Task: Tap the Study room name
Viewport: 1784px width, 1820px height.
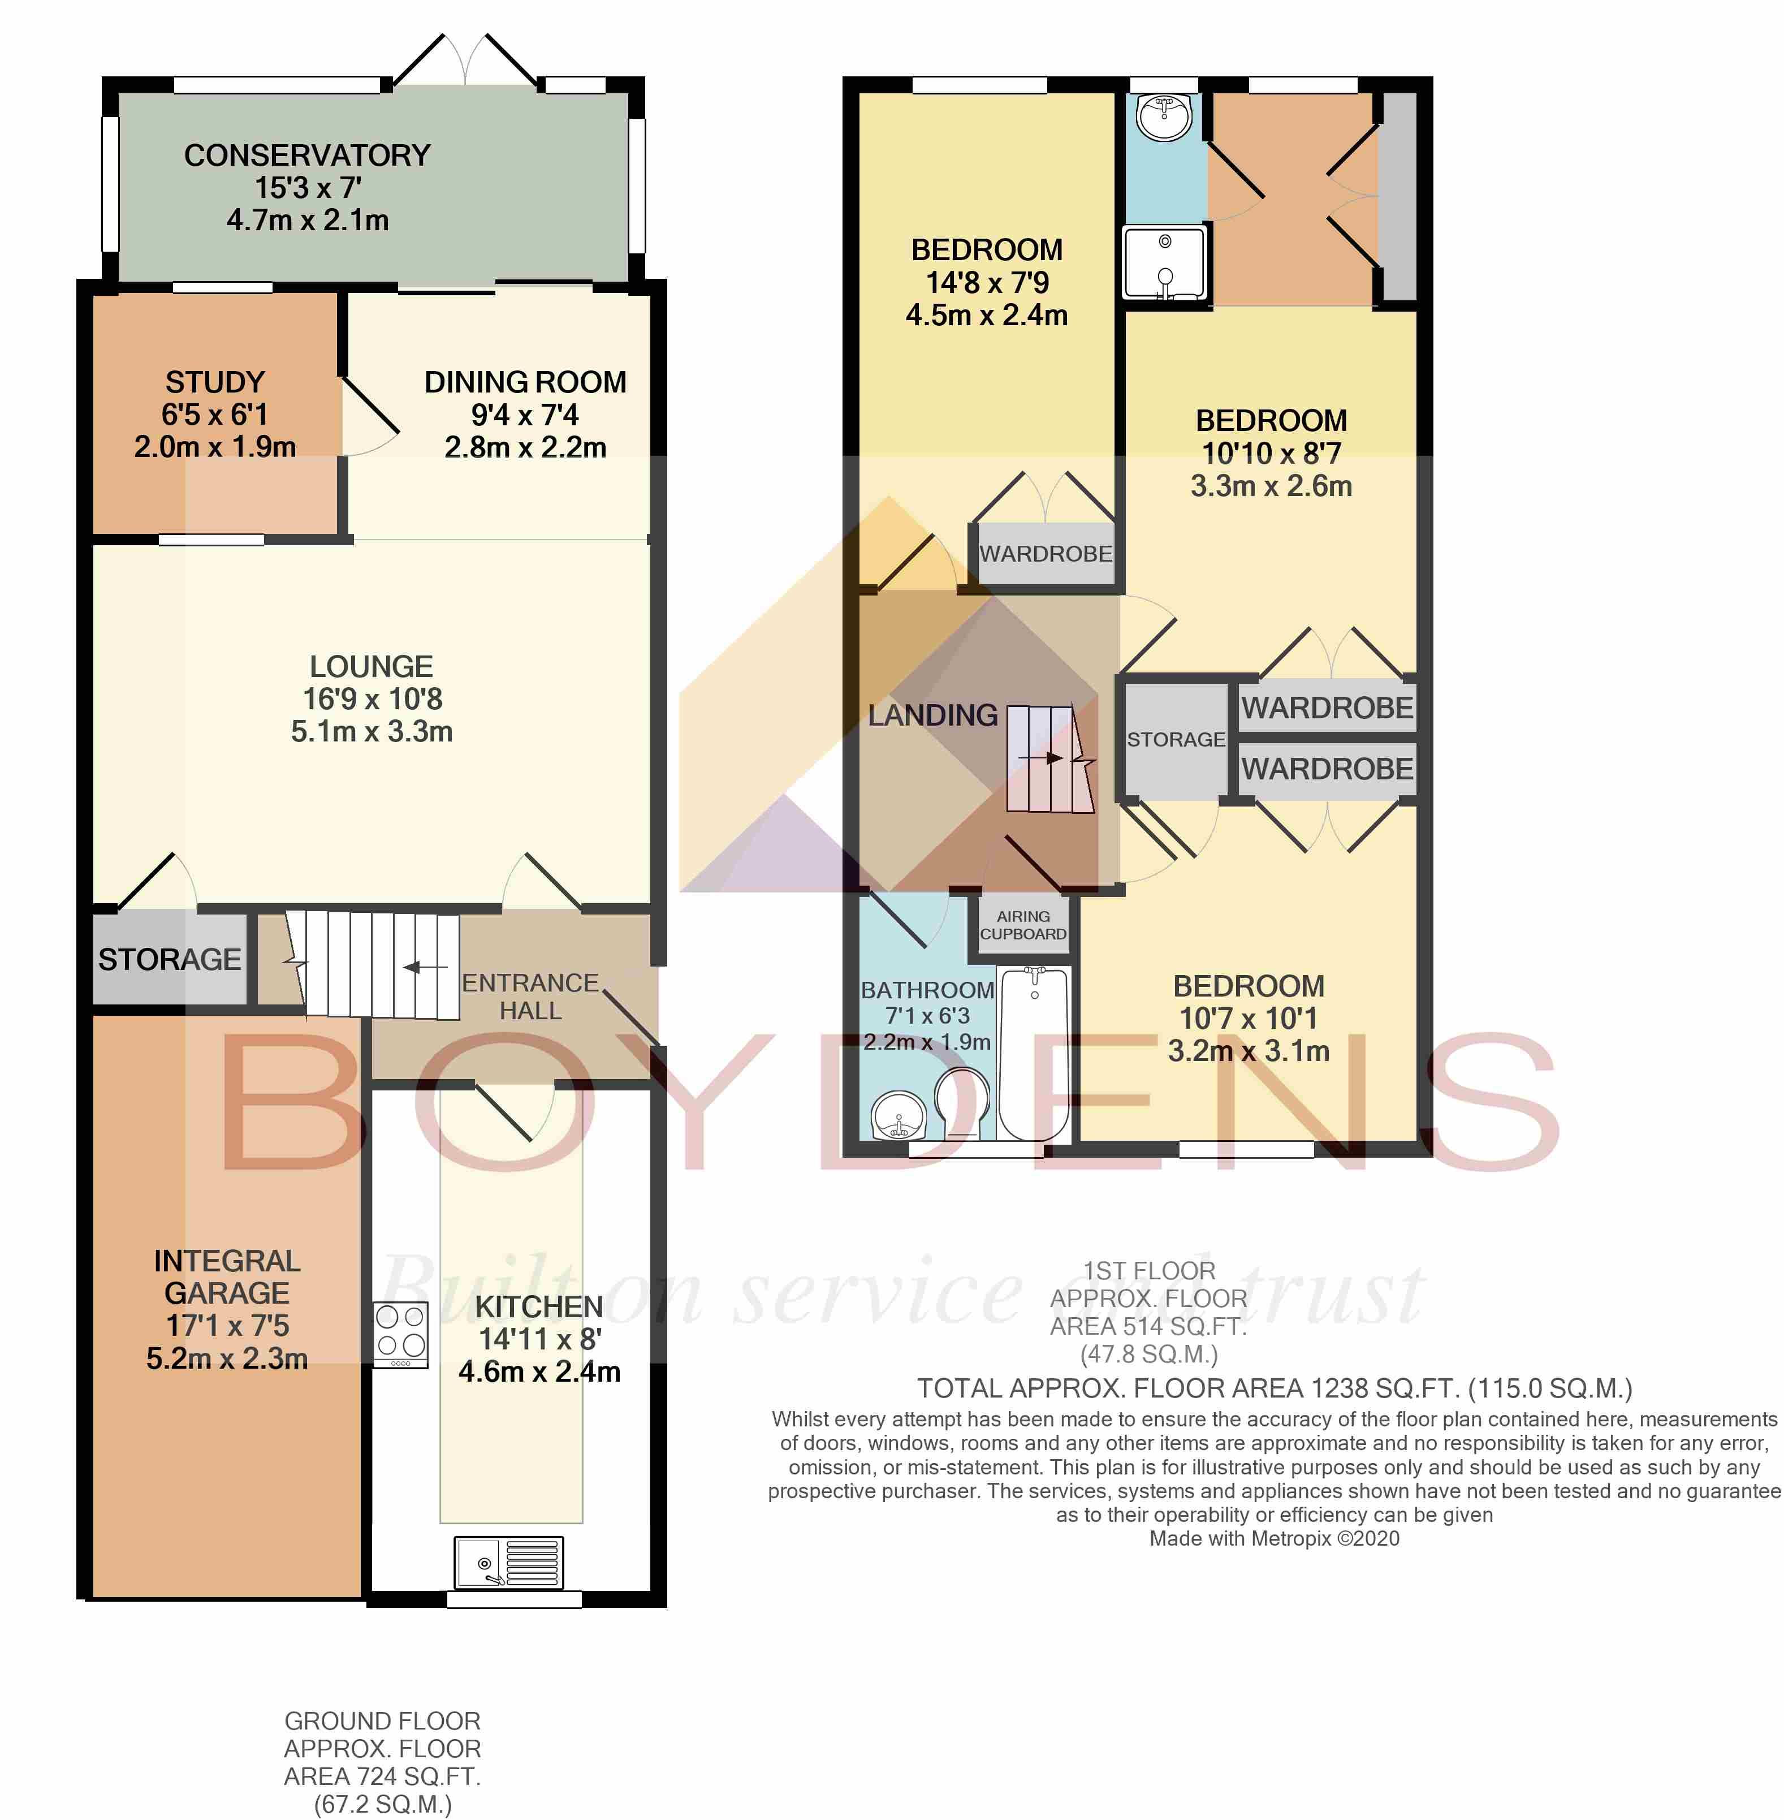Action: coord(215,382)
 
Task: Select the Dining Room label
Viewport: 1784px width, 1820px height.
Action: coord(526,382)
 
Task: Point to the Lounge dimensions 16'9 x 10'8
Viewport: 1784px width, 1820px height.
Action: coord(372,699)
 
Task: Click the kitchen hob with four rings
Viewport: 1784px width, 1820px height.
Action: coord(401,1335)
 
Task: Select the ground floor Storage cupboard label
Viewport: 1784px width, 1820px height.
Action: coord(170,960)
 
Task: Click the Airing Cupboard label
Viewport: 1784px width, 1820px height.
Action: coord(1023,925)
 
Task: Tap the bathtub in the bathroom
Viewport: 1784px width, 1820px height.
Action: coord(1034,1055)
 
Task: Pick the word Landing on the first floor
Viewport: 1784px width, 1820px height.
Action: coord(932,715)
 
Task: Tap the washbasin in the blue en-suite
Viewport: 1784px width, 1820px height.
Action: coord(1164,116)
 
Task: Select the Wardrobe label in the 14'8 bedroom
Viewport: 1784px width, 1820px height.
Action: coord(1046,554)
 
